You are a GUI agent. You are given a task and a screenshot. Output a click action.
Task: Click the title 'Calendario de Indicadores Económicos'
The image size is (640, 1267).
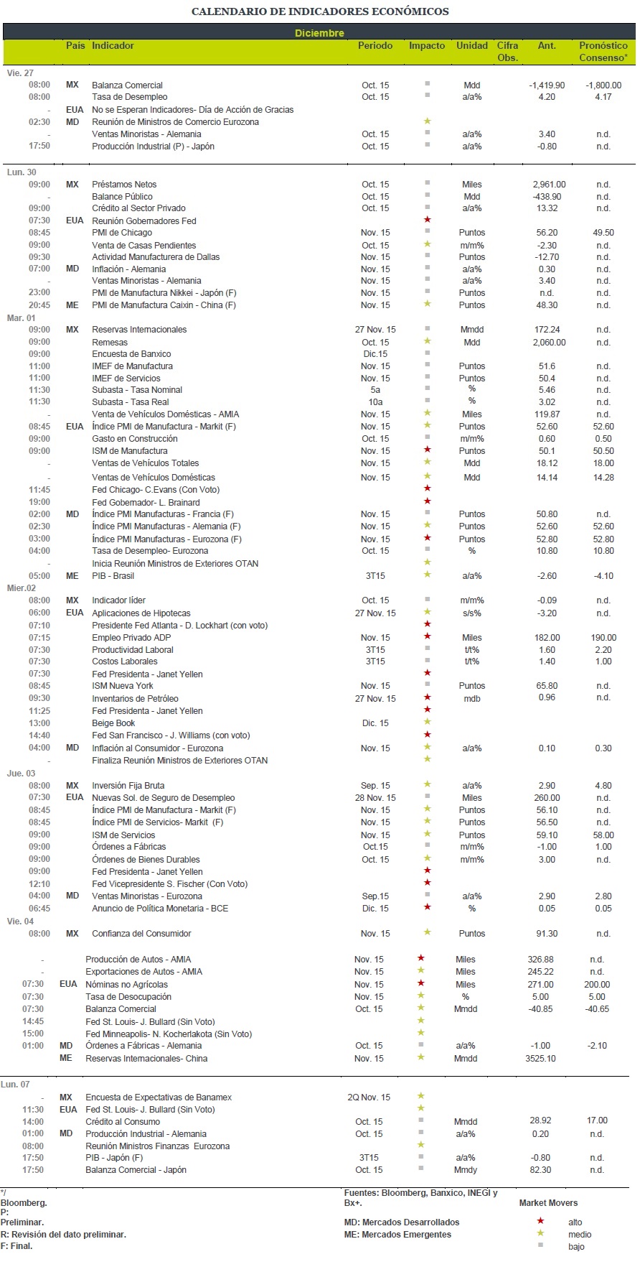(x=320, y=11)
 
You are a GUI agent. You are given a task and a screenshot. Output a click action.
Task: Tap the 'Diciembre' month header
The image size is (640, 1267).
(x=319, y=33)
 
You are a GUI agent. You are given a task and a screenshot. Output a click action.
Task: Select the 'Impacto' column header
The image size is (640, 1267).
(x=427, y=45)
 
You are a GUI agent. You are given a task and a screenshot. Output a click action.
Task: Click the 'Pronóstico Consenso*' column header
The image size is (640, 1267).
(x=603, y=51)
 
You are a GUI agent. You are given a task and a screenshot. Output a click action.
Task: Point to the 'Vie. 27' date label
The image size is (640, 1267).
(x=20, y=73)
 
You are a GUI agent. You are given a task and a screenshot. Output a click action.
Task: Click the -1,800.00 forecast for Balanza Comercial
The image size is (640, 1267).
(x=603, y=85)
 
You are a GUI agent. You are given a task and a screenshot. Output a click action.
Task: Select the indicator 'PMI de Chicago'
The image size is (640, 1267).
(x=122, y=233)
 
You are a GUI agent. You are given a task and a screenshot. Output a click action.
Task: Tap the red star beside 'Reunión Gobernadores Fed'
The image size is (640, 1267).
(x=428, y=220)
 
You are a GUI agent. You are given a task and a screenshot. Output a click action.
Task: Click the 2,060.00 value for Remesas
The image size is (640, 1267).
(x=549, y=343)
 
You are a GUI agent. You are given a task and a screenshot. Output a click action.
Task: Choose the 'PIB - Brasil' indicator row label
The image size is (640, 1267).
(x=113, y=576)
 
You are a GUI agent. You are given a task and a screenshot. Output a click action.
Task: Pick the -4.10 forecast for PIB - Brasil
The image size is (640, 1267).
(x=603, y=576)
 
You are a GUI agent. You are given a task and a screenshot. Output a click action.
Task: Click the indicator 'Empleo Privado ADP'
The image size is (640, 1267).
(x=131, y=638)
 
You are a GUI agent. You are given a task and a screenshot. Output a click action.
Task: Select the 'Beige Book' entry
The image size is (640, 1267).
(x=113, y=723)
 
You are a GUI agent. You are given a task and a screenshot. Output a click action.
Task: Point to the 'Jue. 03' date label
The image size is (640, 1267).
(x=21, y=774)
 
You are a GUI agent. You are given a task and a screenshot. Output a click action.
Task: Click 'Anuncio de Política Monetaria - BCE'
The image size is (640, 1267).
(x=160, y=909)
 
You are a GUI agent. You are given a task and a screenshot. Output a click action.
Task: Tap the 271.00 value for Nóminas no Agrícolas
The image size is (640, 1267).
(x=540, y=985)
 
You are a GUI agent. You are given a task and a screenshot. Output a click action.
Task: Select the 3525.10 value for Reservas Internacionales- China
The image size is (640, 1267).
(x=540, y=1059)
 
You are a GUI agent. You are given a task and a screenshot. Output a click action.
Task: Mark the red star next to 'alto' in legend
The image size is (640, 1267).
(x=540, y=1221)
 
